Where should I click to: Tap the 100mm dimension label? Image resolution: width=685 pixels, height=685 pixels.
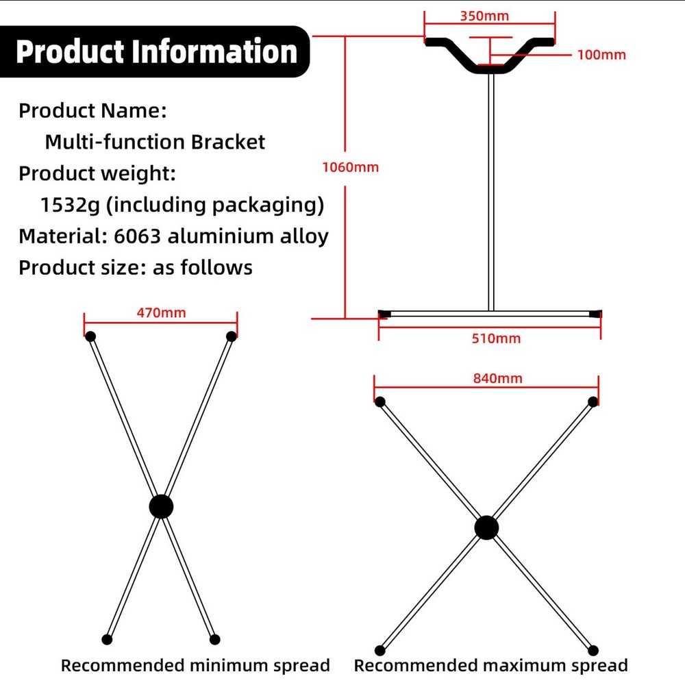pyautogui.click(x=601, y=55)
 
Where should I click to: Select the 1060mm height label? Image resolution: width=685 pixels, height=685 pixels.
pyautogui.click(x=350, y=166)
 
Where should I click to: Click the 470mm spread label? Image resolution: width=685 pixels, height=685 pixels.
pyautogui.click(x=161, y=312)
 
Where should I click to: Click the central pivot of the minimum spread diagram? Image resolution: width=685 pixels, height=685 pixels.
pyautogui.click(x=161, y=507)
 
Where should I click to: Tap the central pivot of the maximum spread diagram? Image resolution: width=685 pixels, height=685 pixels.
pyautogui.click(x=486, y=527)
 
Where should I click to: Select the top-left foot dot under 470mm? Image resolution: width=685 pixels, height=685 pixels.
pyautogui.click(x=90, y=336)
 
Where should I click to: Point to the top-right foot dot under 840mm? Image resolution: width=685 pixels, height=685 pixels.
pyautogui.click(x=593, y=402)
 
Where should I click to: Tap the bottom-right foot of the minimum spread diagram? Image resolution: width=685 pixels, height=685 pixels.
pyautogui.click(x=214, y=639)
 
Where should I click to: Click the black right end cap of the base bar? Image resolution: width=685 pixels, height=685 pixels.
pyautogui.click(x=595, y=314)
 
